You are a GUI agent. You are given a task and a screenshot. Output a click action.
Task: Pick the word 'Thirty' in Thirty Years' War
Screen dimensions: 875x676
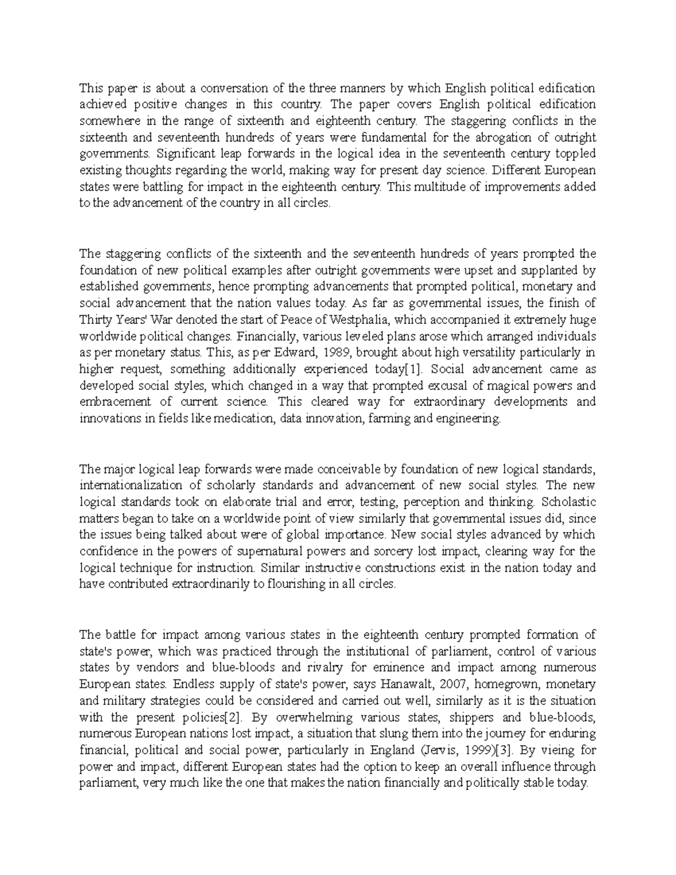click(x=94, y=320)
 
